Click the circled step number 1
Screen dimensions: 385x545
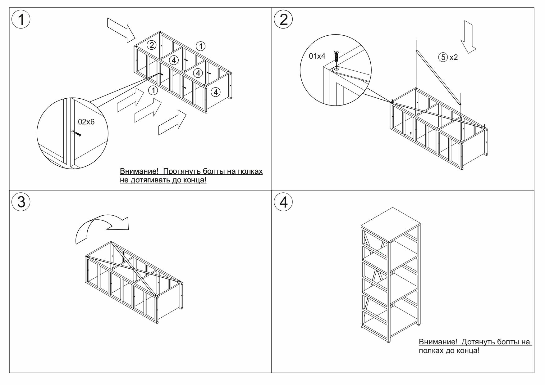coord(21,20)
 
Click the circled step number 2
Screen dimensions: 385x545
coord(283,20)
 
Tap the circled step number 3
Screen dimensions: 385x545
coord(21,202)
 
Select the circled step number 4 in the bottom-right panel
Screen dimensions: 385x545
coord(283,202)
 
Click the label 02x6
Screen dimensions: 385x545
coord(86,122)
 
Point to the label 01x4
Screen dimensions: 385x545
coord(317,56)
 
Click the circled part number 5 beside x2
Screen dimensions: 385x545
coord(443,57)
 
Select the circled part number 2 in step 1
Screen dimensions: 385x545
coord(151,45)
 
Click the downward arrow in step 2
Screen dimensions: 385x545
coord(468,37)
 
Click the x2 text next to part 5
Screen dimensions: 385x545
coord(454,57)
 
